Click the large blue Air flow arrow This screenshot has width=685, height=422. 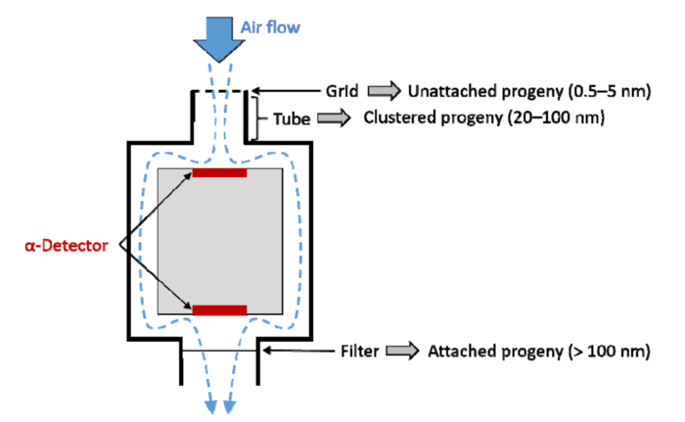[219, 39]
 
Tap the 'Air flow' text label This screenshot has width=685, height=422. [270, 27]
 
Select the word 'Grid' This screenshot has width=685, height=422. [342, 91]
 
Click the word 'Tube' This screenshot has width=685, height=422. [292, 118]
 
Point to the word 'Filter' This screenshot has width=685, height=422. [359, 352]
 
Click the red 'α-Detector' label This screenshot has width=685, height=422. [67, 246]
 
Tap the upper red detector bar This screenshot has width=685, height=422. [220, 172]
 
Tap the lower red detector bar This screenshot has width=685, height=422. [220, 310]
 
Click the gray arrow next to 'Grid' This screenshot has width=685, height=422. [384, 91]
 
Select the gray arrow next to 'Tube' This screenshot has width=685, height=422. [334, 118]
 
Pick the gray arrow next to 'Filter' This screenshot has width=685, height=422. [403, 351]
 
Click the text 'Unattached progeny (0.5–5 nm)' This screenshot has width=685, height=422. [529, 91]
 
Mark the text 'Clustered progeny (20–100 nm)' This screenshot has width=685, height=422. [484, 117]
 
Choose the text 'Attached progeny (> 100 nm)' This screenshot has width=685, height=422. [539, 352]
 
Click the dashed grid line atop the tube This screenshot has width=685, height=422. [220, 91]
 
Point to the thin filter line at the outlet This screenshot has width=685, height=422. [220, 351]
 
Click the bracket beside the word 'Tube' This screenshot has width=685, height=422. [257, 118]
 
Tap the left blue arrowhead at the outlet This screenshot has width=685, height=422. [211, 406]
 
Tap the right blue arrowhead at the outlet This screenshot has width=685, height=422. [229, 406]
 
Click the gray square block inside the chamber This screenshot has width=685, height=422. [220, 242]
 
